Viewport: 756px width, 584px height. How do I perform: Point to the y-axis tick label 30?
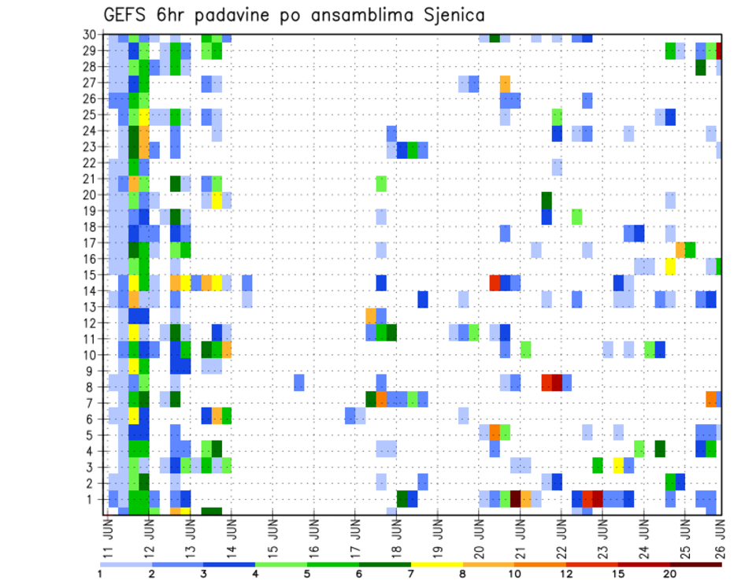tap(92, 35)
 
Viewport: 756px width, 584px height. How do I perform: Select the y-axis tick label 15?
tap(92, 275)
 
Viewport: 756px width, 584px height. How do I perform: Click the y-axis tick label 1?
tap(95, 499)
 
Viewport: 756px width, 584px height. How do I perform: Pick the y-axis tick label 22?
tap(92, 163)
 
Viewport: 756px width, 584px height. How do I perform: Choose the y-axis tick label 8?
tap(95, 387)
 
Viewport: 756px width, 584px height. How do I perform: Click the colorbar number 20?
tap(669, 574)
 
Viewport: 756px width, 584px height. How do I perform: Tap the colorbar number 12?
tap(566, 574)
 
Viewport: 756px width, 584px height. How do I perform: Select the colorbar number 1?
tap(100, 574)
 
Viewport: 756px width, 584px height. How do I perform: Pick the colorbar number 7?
tap(411, 574)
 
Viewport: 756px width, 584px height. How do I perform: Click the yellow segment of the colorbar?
tap(436, 564)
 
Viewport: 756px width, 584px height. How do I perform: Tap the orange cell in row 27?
tap(505, 83)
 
